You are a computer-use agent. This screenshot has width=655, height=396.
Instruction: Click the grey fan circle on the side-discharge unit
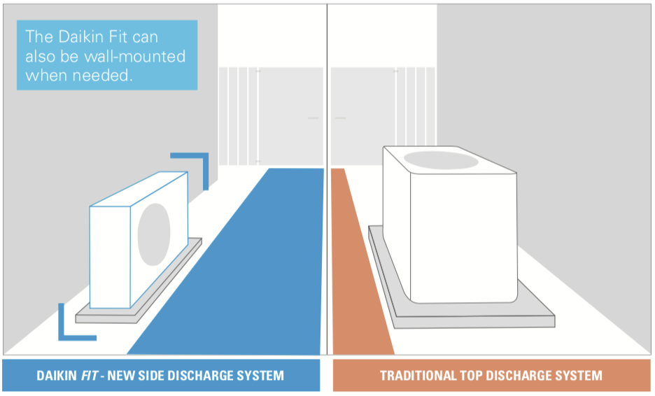coord(154,234)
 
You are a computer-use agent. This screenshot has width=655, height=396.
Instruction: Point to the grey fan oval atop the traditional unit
coord(441,160)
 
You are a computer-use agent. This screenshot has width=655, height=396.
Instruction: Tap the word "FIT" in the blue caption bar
coord(89,376)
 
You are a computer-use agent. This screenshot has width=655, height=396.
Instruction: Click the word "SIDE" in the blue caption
coord(150,376)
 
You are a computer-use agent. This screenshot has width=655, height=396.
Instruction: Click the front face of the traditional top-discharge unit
coord(464,237)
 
